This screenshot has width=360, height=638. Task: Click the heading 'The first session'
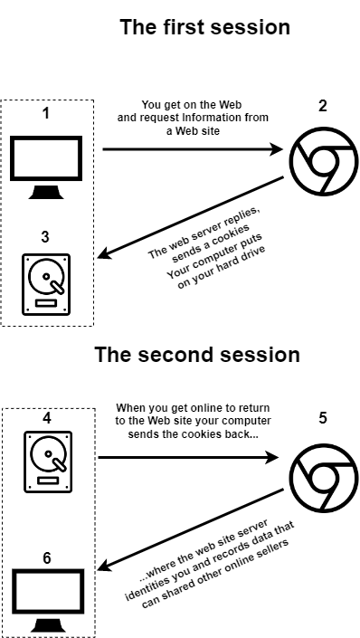tap(205, 27)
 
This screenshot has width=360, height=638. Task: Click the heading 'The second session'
tap(197, 355)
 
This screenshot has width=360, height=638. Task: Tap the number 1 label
tap(46, 113)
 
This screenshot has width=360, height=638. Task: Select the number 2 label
tap(323, 106)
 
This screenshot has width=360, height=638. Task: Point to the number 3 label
tap(45, 237)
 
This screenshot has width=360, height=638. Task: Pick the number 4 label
tap(47, 418)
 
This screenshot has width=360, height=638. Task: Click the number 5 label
tap(323, 418)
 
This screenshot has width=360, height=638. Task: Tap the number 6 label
tap(47, 558)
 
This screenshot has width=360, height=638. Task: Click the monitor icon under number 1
tap(46, 167)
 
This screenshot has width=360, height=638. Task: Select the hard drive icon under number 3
tap(46, 284)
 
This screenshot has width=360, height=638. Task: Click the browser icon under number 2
tap(324, 161)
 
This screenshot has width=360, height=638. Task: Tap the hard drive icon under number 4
tap(48, 462)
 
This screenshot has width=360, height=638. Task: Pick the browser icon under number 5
tap(324, 478)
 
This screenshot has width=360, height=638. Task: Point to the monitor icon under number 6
tap(48, 601)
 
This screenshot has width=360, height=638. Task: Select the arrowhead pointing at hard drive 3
tap(104, 254)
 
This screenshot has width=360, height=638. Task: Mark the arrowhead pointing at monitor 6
tap(105, 565)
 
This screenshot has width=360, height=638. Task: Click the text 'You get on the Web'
tap(192, 105)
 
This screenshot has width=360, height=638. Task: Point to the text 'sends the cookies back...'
tap(193, 434)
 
